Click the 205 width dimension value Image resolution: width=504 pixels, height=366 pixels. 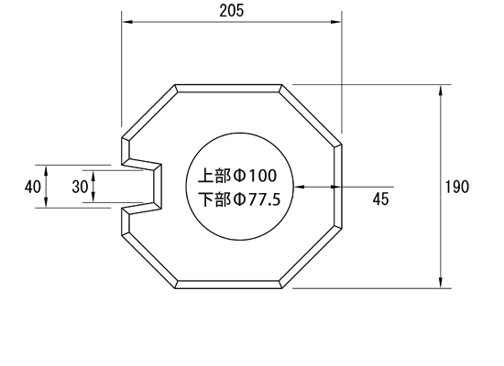click(x=232, y=11)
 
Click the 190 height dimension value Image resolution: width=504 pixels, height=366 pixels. click(x=457, y=187)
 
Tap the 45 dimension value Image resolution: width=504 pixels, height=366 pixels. click(x=381, y=199)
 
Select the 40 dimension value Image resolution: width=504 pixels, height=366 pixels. click(x=33, y=187)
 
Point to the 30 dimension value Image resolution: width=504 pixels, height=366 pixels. click(x=80, y=187)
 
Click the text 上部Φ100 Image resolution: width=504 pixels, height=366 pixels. click(x=237, y=176)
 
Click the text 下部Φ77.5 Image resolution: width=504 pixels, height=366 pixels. click(x=239, y=199)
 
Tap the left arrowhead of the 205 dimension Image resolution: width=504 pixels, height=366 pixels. click(x=127, y=22)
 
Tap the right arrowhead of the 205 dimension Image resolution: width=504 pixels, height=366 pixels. click(x=336, y=22)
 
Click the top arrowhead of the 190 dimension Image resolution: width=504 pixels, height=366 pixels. click(x=441, y=91)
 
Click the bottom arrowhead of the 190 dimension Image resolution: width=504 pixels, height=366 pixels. click(x=441, y=283)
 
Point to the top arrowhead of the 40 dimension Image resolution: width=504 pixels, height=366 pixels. click(x=46, y=170)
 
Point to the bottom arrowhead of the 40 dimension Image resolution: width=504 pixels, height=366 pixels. click(x=46, y=202)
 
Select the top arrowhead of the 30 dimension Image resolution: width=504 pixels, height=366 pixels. click(x=93, y=176)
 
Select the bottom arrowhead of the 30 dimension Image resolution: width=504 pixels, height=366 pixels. click(x=93, y=197)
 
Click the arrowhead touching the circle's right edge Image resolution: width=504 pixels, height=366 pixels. click(x=300, y=187)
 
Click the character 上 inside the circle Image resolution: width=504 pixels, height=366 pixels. click(x=205, y=176)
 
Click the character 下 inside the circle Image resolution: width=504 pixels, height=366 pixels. click(x=206, y=199)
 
